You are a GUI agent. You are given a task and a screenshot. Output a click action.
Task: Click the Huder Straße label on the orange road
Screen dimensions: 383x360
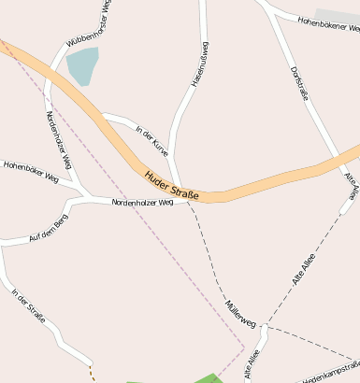[172, 185]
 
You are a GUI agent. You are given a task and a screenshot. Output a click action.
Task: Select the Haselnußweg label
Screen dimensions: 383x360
[199, 65]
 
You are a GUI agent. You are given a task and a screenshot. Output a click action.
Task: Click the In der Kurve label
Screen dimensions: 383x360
[152, 140]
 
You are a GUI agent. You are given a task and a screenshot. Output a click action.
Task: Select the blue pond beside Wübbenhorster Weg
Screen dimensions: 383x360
[82, 65]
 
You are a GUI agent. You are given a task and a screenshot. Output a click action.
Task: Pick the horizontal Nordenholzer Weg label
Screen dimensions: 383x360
[142, 203]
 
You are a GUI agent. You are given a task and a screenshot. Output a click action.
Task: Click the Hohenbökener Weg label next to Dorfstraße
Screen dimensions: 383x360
[327, 24]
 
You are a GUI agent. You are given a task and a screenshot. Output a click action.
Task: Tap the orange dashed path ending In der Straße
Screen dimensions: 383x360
[92, 372]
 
